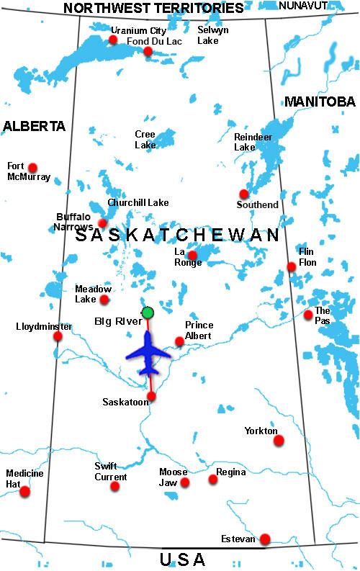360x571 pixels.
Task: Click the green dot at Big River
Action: [148, 313]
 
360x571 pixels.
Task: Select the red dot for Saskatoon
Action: [151, 396]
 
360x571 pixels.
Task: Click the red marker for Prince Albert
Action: [179, 341]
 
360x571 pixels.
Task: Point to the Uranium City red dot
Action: [113, 40]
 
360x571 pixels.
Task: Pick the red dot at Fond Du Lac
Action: [148, 51]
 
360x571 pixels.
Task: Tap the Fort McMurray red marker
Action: [32, 167]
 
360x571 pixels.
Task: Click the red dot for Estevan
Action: [265, 539]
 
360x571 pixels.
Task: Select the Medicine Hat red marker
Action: [25, 491]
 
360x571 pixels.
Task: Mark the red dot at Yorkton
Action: [279, 440]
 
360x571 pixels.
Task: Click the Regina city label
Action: [231, 472]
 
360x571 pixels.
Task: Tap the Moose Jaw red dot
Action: [185, 482]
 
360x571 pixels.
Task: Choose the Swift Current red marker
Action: [114, 486]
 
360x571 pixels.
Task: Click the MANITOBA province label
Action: [320, 102]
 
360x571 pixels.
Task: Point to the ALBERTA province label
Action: [34, 126]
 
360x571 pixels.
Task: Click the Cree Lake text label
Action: [145, 139]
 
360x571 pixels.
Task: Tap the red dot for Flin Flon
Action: [292, 266]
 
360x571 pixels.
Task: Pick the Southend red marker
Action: [244, 194]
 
